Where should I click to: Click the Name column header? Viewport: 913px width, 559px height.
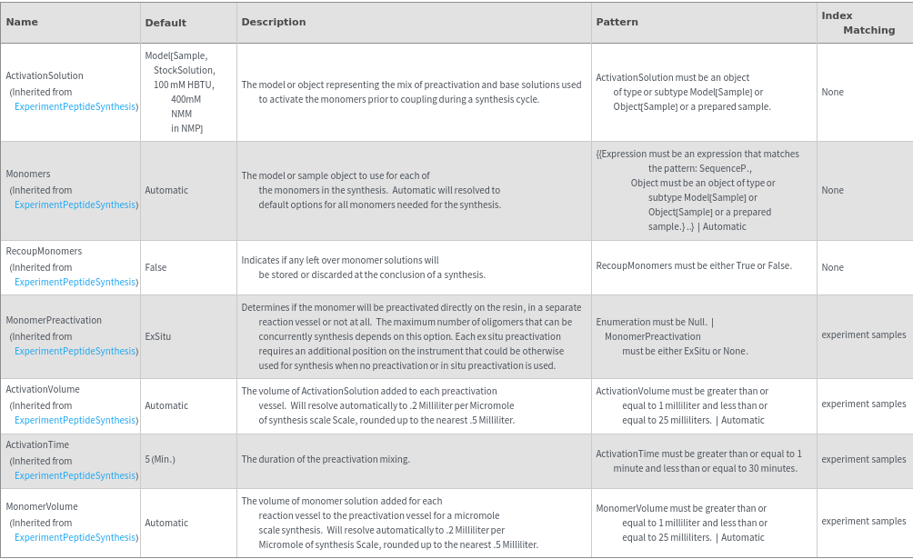[x=22, y=22]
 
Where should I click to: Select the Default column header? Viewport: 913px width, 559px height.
[x=166, y=23]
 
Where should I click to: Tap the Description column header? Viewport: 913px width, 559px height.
[x=274, y=22]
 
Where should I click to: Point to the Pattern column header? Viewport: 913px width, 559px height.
[x=617, y=22]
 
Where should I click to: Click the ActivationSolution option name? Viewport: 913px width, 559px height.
[x=45, y=75]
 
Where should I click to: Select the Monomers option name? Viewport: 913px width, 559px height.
[x=28, y=174]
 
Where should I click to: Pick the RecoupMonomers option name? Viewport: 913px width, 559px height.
[x=44, y=251]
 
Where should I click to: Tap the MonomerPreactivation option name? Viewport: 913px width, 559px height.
[x=54, y=320]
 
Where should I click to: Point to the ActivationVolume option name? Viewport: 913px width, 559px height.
[x=43, y=389]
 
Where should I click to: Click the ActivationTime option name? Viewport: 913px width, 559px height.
[x=37, y=444]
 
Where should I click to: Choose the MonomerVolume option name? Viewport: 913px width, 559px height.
[x=42, y=506]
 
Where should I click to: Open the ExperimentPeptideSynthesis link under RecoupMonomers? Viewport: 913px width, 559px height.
[x=76, y=282]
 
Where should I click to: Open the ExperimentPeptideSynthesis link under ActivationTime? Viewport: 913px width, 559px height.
[x=76, y=475]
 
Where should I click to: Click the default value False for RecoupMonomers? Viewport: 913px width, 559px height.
[x=156, y=267]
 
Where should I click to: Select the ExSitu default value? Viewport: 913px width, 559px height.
[x=158, y=336]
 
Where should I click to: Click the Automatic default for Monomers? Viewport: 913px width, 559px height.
[x=166, y=190]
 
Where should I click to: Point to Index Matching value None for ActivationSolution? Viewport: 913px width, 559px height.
[x=832, y=92]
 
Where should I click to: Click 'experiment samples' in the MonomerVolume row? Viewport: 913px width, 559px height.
[x=863, y=521]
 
